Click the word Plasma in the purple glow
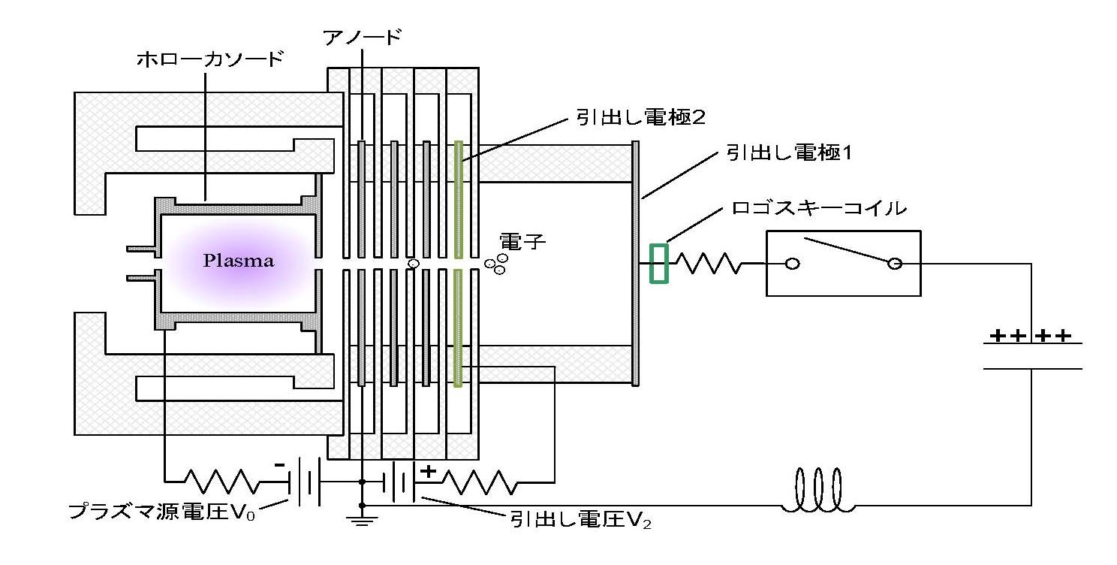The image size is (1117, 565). pos(239,261)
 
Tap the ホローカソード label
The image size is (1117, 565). pos(210,59)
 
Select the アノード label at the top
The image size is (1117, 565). pos(362,37)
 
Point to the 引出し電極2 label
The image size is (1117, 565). pos(640,116)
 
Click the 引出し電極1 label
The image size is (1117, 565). pos(789,153)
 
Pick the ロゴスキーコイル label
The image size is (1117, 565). pos(818,207)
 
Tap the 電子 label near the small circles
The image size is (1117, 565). pos(522,242)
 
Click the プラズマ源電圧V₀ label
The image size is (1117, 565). pos(162,511)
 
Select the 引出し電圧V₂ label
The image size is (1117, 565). pos(581,520)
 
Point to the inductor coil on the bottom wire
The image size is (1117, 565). pos(817,490)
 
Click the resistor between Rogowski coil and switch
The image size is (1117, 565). pos(707,264)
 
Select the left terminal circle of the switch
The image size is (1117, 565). pos(793,264)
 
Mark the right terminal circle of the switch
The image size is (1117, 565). pos(895,264)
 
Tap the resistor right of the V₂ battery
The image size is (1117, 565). pos(479,482)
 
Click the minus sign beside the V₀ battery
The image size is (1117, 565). pos(279,465)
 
